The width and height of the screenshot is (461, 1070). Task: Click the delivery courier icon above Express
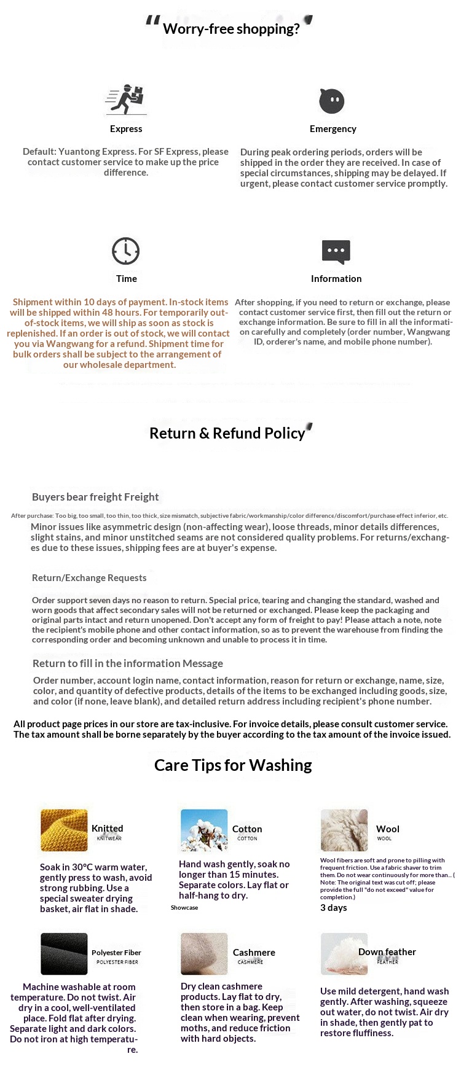127,100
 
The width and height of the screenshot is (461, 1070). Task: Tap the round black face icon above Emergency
332,101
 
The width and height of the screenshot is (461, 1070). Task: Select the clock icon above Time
126,251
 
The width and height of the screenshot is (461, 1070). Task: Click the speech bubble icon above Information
336,251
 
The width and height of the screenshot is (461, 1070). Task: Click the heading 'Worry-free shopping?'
231,29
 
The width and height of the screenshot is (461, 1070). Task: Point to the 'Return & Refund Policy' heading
227,433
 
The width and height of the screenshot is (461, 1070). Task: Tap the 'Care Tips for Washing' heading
233,765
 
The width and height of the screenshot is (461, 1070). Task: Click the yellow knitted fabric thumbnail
64,830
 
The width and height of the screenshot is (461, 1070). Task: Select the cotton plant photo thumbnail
204,830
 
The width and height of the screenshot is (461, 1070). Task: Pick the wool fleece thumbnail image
344,830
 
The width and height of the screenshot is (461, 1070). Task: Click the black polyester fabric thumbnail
64,953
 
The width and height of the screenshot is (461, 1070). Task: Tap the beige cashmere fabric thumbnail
204,953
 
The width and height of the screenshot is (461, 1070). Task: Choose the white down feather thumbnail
344,953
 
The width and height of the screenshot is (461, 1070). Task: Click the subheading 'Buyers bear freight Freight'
95,497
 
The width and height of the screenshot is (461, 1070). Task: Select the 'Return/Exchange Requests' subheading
89,577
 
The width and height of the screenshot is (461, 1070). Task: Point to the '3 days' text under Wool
334,908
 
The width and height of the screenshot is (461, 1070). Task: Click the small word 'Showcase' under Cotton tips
184,907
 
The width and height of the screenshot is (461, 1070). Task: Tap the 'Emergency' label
333,129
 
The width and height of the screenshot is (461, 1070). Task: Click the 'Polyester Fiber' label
116,953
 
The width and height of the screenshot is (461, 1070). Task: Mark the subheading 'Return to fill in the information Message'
128,663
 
